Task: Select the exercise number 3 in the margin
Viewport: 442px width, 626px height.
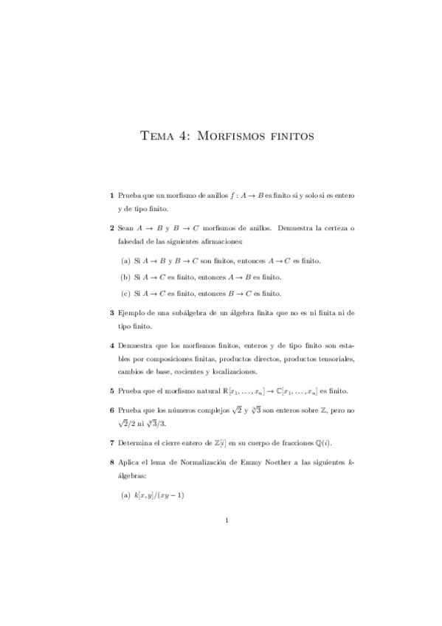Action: (111, 312)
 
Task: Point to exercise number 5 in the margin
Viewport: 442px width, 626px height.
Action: (111, 391)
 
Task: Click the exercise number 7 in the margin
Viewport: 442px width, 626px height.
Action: (111, 443)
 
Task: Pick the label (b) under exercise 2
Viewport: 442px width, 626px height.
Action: (125, 277)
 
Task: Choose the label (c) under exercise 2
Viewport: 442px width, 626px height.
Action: (125, 293)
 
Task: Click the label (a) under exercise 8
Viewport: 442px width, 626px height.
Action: (125, 496)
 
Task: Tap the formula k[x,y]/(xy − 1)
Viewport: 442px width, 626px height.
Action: (159, 496)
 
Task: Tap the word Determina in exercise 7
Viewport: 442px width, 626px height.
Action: (135, 443)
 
